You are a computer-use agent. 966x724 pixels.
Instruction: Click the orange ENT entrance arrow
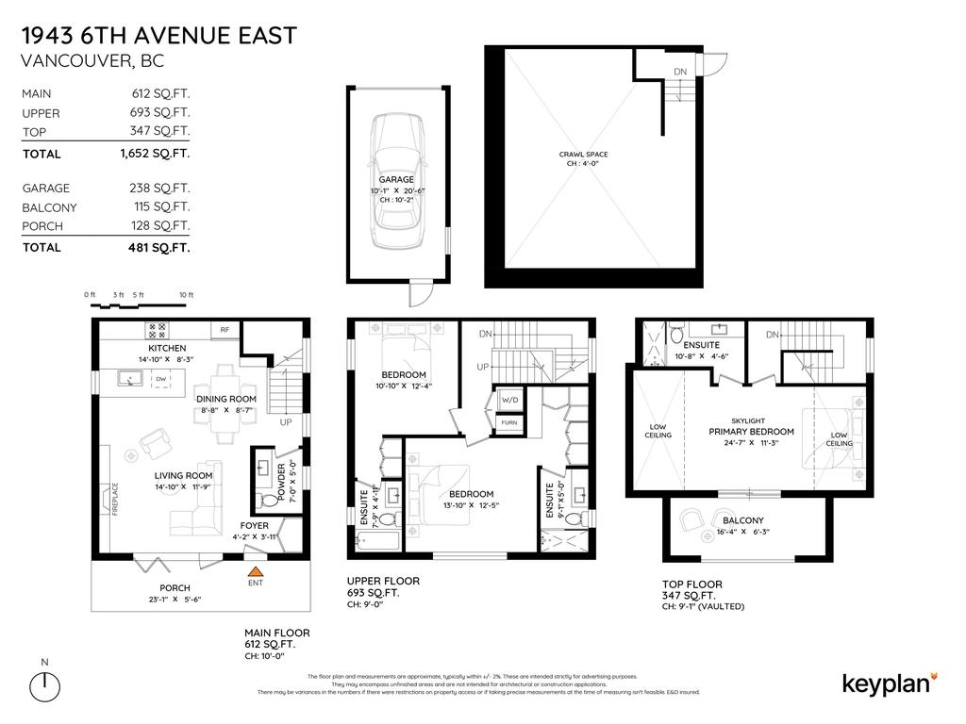[x=254, y=570]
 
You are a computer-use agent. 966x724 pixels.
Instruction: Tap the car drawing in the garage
[x=397, y=179]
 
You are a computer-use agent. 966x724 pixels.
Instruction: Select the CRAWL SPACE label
[x=582, y=155]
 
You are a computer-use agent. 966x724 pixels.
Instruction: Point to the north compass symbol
[x=43, y=686]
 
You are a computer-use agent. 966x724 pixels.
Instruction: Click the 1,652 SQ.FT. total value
[x=159, y=153]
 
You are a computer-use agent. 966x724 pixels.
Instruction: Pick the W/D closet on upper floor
[x=509, y=400]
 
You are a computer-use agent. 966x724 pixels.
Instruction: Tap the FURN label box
[x=509, y=423]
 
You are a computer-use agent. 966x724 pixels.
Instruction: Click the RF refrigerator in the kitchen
[x=225, y=330]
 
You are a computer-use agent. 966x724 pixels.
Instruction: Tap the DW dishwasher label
[x=160, y=380]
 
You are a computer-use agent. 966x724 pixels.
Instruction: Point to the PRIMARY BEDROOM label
[x=751, y=432]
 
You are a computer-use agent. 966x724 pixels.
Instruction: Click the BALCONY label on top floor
[x=742, y=520]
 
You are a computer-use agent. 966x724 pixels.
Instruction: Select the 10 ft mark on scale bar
[x=186, y=295]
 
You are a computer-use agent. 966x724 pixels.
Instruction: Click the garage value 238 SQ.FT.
[x=159, y=189]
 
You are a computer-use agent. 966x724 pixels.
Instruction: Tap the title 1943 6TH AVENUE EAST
[x=158, y=36]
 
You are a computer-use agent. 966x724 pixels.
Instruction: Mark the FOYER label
[x=254, y=525]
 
